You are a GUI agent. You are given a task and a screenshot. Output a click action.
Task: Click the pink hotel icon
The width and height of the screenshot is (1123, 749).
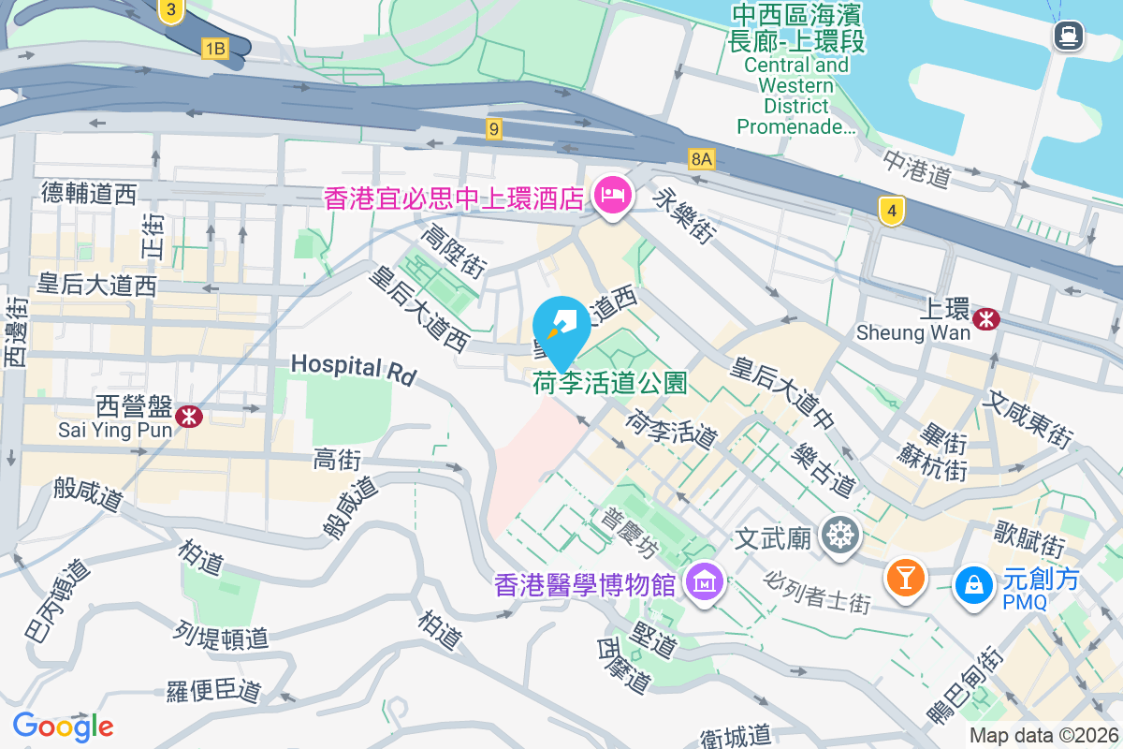[613, 196]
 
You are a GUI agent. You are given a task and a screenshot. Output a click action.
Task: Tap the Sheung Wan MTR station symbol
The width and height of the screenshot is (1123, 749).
[985, 319]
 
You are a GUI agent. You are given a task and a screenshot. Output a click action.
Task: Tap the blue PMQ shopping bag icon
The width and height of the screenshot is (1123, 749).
[974, 585]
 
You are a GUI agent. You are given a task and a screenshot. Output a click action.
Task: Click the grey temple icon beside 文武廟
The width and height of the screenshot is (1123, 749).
[839, 536]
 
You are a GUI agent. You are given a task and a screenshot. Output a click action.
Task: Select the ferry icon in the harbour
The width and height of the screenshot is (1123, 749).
[1066, 37]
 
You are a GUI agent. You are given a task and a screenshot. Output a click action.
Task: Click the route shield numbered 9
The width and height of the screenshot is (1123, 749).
[494, 127]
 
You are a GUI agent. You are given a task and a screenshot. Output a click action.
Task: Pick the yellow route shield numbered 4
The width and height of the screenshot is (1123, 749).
[892, 212]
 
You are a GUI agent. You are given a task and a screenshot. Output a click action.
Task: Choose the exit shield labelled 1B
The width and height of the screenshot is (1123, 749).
[215, 48]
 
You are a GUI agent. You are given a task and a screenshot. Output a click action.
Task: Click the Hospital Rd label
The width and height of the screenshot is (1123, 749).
[352, 367]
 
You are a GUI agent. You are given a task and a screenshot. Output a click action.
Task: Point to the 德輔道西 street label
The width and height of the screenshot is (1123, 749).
[89, 194]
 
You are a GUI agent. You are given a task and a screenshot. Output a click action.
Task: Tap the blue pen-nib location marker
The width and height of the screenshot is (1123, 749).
[561, 324]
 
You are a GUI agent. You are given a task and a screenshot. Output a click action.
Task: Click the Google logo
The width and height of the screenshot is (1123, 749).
[63, 726]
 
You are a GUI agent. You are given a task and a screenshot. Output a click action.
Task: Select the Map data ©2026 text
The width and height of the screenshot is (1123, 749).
[1043, 736]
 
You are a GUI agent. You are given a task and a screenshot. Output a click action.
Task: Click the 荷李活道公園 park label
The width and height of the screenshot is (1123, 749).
[610, 382]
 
